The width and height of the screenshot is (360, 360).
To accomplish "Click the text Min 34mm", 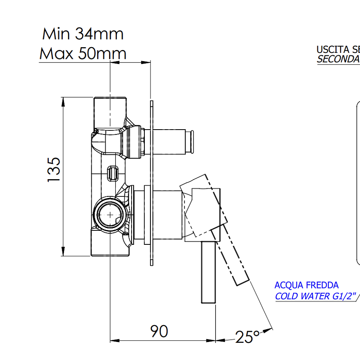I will coord(83,34).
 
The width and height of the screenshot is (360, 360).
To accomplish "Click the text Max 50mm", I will coord(83,53).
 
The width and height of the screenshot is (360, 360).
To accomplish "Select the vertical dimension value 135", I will coord(54,170).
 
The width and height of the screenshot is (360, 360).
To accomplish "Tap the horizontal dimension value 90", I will coord(159,331).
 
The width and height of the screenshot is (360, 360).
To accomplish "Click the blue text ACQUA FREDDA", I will coord(306,285).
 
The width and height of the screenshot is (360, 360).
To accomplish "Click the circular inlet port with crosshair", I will coord(110,214).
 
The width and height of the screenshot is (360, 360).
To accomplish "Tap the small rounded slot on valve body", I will coord(112,172).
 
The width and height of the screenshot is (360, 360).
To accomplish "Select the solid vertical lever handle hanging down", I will coord(208,272).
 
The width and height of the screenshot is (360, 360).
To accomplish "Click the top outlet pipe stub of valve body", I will coord(110,110).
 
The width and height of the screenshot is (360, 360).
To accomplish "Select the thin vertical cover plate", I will coord(152,180).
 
